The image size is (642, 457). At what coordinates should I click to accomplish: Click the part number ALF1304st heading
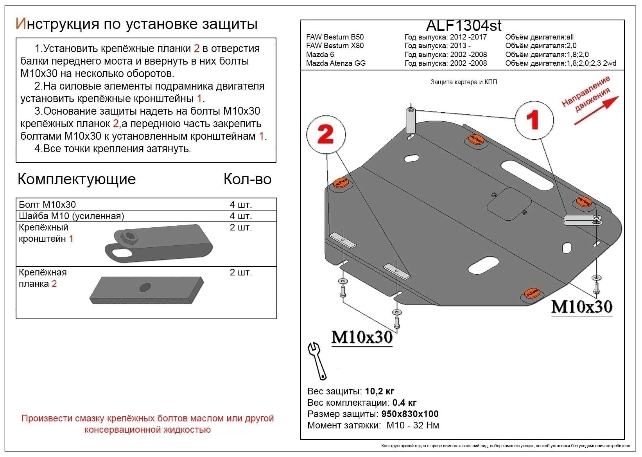pos(463,26)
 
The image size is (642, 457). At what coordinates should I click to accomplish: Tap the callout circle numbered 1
pos(534,120)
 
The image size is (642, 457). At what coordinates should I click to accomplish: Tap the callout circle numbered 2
pos(326,135)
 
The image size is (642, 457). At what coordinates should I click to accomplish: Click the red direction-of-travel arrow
pos(596,110)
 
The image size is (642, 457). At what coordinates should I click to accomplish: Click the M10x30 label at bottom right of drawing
pos(581,306)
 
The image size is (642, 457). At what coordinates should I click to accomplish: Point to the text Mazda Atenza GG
pos(336,63)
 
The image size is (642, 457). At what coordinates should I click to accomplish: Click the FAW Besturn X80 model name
pos(335,46)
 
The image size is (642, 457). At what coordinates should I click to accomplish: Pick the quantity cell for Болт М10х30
pos(240,205)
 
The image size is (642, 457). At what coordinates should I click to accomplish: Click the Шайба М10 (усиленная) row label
pos(72,216)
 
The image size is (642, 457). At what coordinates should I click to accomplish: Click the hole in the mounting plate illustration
pos(145,287)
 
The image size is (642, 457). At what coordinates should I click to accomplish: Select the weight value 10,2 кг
pos(379,391)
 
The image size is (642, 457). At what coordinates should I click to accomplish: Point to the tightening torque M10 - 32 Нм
pos(412,425)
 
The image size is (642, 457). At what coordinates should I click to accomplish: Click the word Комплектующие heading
pos(77,179)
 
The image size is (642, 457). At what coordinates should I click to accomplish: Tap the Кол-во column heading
pos(247,179)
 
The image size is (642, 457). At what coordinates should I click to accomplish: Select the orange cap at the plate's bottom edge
pos(531,293)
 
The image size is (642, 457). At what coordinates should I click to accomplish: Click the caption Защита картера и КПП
pos(464,82)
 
